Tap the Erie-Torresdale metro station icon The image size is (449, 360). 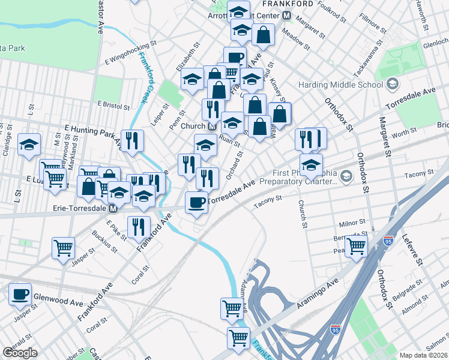113,209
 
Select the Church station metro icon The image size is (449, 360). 212,127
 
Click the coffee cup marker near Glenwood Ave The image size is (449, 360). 21,293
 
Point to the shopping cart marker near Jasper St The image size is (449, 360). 63,247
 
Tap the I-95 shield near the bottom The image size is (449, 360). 335,329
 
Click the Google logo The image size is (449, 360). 19,353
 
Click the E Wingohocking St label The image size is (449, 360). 130,52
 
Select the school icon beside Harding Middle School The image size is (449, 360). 393,83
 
